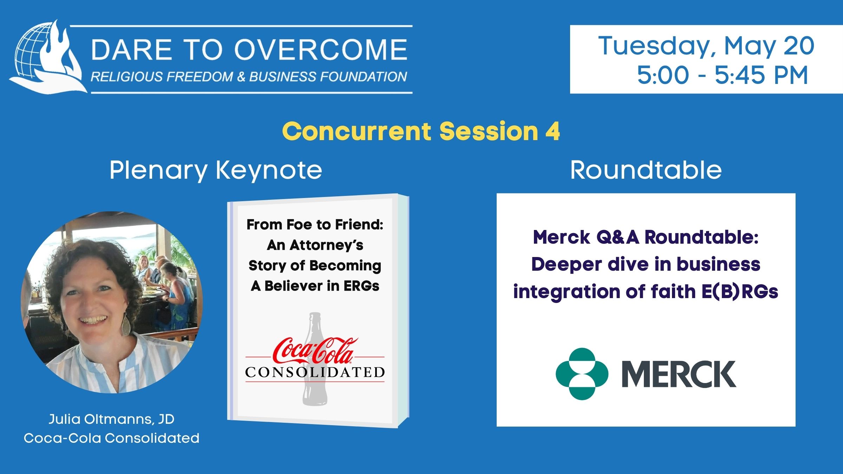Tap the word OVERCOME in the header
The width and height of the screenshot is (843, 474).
pyautogui.click(x=321, y=49)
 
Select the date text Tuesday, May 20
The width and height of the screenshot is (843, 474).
pyautogui.click(x=706, y=46)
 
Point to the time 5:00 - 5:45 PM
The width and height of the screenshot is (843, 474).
pyautogui.click(x=723, y=75)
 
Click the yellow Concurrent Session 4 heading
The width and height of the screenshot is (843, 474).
pyautogui.click(x=421, y=131)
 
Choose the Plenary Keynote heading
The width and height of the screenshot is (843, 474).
pyautogui.click(x=216, y=171)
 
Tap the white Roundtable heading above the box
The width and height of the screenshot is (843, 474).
pyautogui.click(x=646, y=170)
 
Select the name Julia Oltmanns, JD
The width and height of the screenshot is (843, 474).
pyautogui.click(x=111, y=419)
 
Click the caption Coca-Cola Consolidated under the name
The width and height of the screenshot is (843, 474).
pyautogui.click(x=111, y=438)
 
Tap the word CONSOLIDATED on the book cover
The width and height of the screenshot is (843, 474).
pyautogui.click(x=315, y=372)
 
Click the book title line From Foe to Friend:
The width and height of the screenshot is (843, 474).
pyautogui.click(x=315, y=225)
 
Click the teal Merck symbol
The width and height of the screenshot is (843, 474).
pyautogui.click(x=582, y=374)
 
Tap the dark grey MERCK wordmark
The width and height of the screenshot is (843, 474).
pyautogui.click(x=679, y=374)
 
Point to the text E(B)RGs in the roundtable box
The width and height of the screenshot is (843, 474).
pyautogui.click(x=740, y=292)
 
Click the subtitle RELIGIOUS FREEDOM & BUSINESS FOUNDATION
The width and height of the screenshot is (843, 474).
pyautogui.click(x=249, y=77)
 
